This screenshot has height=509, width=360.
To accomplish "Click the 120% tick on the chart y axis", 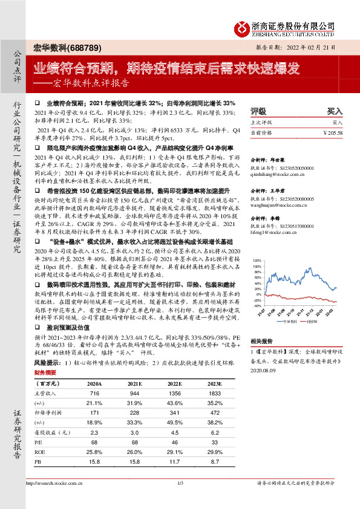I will click(x=257, y=261).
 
